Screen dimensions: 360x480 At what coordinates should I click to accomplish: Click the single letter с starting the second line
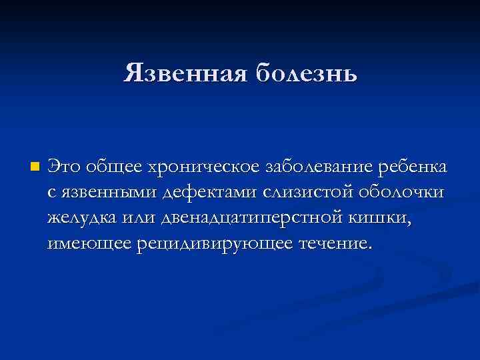tap(52, 193)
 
